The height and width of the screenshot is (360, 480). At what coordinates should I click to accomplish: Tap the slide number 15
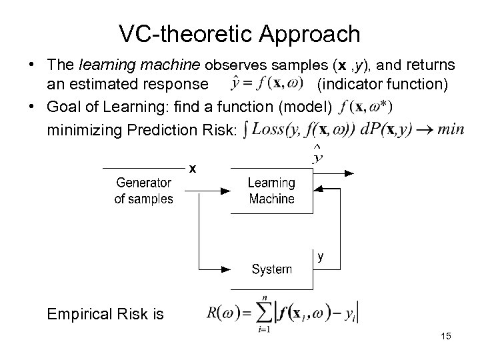click(446, 337)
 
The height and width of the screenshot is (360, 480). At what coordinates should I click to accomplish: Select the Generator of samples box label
click(143, 191)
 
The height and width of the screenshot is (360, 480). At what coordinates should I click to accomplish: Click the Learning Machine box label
click(271, 191)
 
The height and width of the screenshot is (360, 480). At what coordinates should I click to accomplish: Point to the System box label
click(271, 269)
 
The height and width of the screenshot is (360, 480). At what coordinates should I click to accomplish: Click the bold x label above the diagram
click(192, 169)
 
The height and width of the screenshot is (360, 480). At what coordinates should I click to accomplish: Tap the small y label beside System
click(321, 256)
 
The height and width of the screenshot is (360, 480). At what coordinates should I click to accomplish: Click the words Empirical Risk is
click(105, 313)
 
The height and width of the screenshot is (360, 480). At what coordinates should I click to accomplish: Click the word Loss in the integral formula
click(267, 129)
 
